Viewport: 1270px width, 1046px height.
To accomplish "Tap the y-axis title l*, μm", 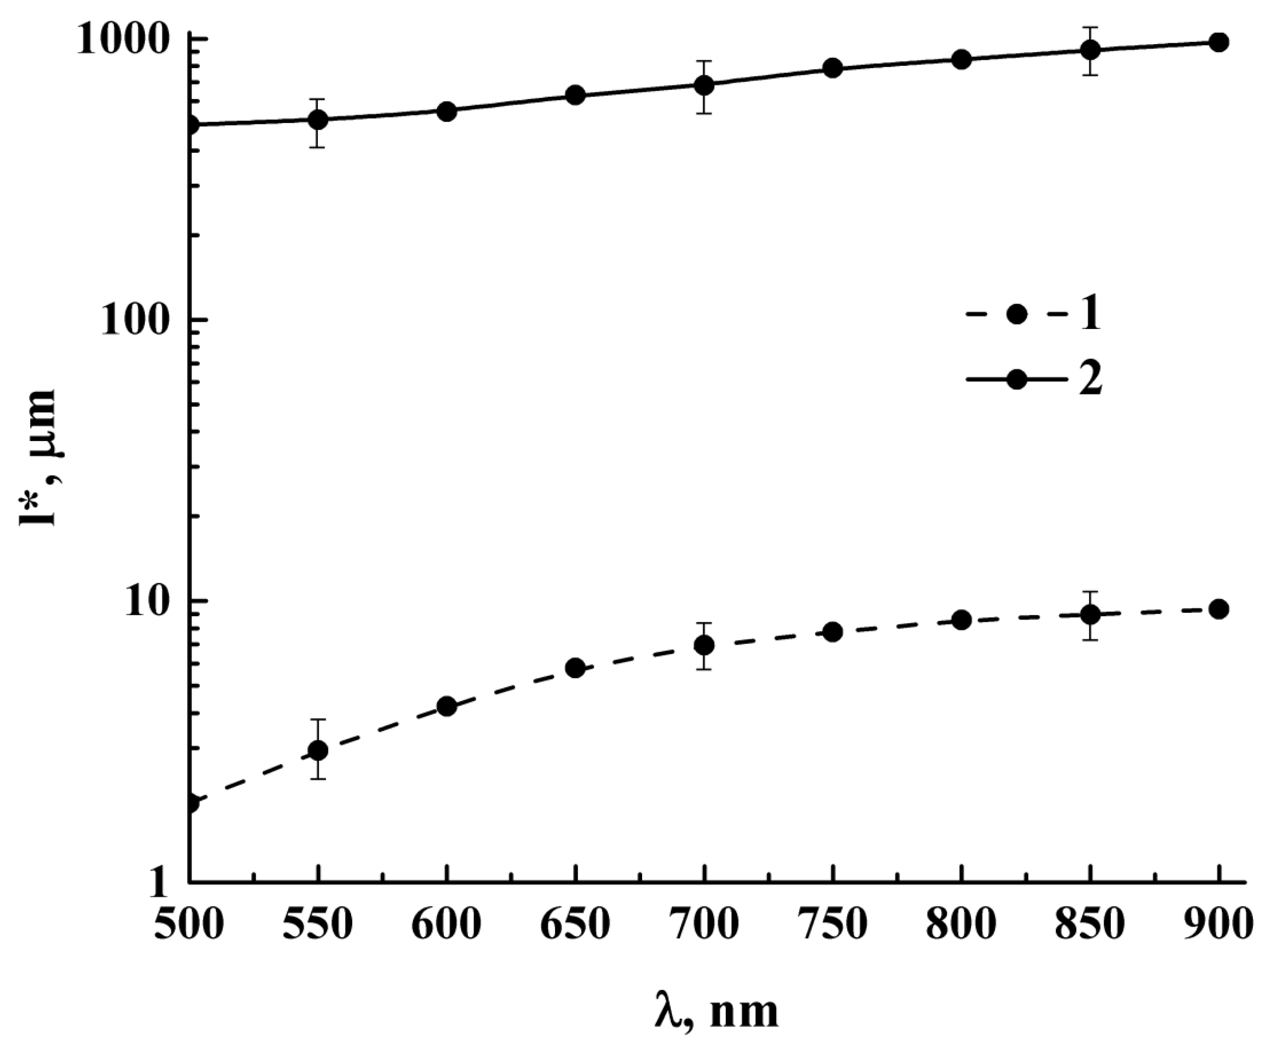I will click(x=37, y=458).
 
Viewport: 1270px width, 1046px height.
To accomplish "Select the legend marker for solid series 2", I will click(x=1017, y=380).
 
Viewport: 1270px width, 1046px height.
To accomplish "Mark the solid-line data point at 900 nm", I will click(x=1219, y=42).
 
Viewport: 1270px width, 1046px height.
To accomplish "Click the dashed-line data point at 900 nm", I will click(x=1219, y=609).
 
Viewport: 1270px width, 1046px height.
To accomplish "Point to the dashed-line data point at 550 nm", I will click(x=318, y=750).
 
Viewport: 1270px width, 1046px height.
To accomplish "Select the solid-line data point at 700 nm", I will click(x=704, y=86).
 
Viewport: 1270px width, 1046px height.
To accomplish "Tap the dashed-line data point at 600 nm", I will click(x=446, y=706).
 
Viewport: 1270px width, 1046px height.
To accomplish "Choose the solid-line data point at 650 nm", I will click(x=575, y=95).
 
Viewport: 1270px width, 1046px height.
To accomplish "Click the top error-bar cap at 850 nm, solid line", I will click(x=1090, y=28).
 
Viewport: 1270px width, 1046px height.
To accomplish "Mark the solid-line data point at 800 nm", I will click(x=962, y=59).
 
